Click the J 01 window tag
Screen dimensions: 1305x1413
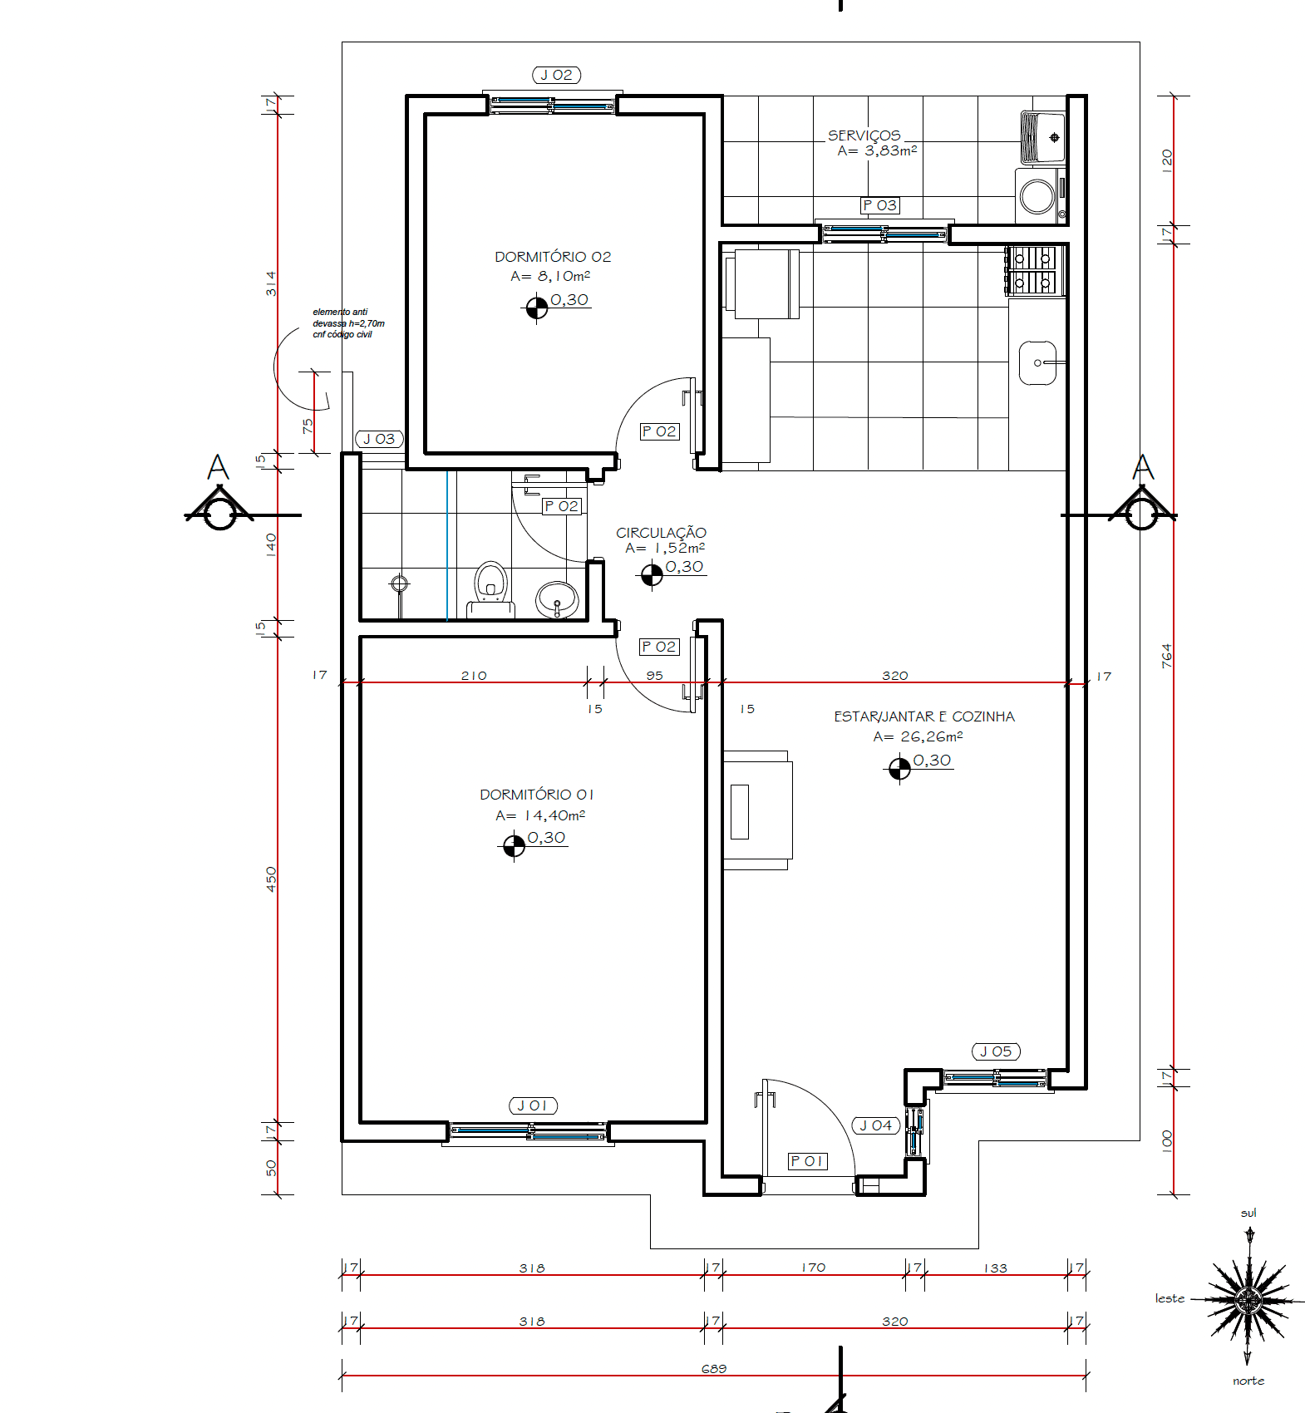(x=533, y=1105)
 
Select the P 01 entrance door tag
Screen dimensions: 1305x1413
(x=808, y=1161)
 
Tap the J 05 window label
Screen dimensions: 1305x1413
(x=996, y=1051)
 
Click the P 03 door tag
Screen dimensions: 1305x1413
(x=880, y=205)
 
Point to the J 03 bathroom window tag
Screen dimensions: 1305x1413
(x=380, y=439)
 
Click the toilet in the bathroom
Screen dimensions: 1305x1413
(x=490, y=588)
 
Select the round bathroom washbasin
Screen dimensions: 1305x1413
(x=557, y=598)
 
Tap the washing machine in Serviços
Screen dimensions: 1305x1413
(x=1040, y=196)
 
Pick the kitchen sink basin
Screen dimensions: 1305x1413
(x=1037, y=363)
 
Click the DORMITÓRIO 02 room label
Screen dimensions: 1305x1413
(x=553, y=257)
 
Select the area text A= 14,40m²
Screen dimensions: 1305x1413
(x=540, y=815)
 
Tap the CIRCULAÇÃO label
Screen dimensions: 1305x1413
(x=661, y=532)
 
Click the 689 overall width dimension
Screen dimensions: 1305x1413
(x=714, y=1368)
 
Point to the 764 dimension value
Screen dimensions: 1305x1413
(x=1166, y=656)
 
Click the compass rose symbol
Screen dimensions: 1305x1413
(x=1248, y=1299)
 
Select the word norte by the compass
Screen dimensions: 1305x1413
(x=1248, y=1381)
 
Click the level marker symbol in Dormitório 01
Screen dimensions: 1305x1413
(x=514, y=845)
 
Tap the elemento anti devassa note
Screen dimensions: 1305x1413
(x=348, y=323)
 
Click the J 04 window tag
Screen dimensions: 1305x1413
(x=876, y=1125)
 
